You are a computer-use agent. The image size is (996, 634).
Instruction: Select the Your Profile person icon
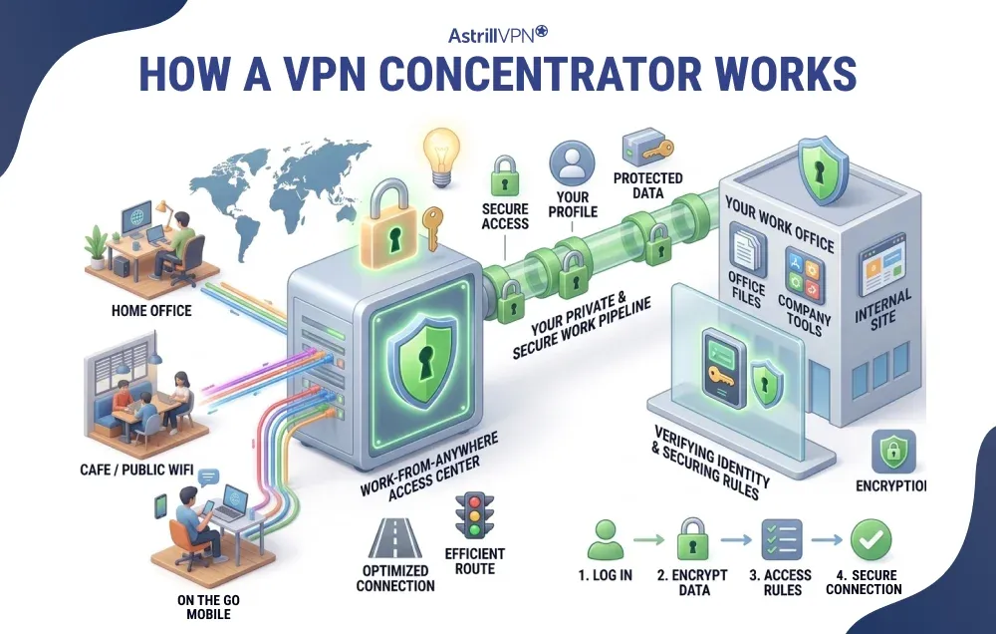(571, 162)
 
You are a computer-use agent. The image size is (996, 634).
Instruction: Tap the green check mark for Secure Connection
(870, 539)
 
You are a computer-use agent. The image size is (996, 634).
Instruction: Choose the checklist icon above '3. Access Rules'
(783, 539)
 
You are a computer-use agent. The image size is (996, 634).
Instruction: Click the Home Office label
(151, 311)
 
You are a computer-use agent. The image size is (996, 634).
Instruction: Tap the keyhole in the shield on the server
(417, 341)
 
